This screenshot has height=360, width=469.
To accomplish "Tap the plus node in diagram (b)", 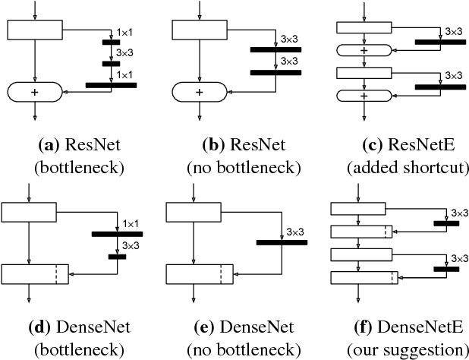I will tap(200, 91).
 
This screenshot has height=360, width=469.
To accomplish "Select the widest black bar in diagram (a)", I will tap(111, 86).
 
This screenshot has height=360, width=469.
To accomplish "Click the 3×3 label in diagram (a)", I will tap(124, 52).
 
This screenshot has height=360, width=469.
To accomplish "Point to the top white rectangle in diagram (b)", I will tap(200, 29).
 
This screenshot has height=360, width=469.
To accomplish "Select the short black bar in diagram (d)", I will tap(117, 257).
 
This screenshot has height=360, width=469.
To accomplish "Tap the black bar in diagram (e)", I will tap(281, 242).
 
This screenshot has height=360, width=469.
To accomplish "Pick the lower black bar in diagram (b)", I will tap(275, 72).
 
